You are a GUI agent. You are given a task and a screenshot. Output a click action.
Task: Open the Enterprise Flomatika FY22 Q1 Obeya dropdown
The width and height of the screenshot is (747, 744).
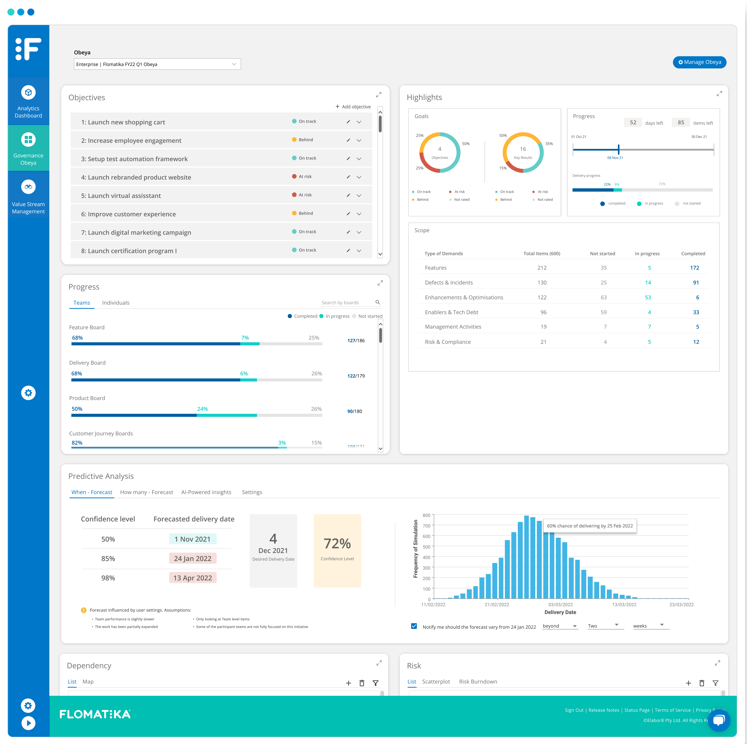157,64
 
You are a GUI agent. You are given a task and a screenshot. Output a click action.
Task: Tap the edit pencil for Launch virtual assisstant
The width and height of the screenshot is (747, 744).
348,195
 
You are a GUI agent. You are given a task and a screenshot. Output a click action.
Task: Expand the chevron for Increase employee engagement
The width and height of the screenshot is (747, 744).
359,140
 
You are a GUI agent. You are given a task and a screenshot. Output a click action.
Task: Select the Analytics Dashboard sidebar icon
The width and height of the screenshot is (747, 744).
28,93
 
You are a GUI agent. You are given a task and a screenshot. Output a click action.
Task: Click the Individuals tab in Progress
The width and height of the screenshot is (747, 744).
116,303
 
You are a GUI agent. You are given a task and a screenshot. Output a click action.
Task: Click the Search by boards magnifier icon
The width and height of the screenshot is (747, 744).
377,302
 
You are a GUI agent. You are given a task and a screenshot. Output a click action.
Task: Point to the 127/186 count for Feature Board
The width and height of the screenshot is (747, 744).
356,341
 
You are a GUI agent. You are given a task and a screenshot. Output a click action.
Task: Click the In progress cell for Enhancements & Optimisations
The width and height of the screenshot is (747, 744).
648,297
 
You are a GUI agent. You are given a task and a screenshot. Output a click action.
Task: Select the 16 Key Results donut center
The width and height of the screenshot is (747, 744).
523,152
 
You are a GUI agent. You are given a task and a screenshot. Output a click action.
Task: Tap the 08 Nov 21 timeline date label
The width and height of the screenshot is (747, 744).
615,158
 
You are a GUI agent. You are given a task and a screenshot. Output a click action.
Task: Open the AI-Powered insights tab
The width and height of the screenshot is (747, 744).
206,492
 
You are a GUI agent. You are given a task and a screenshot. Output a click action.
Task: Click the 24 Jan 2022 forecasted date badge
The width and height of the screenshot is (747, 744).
193,558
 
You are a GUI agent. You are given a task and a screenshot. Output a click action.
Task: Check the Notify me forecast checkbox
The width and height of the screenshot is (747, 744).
414,626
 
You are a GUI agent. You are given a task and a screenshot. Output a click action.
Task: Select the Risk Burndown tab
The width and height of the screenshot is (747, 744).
478,682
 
